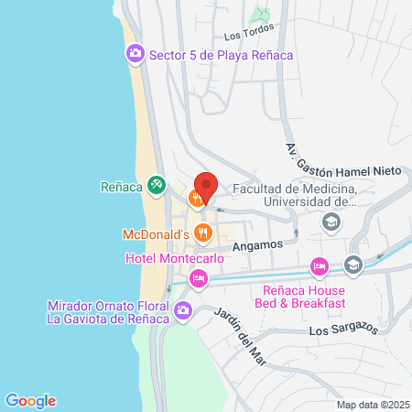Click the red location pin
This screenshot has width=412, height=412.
coord(206,186)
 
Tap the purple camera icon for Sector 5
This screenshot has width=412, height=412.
coord(136,55)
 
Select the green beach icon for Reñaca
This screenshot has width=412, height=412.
coord(156,186)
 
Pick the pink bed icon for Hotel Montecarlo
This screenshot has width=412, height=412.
coord(196,277)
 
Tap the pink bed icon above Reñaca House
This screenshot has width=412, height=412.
coord(319,266)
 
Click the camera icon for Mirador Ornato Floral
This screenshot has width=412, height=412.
coord(183,311)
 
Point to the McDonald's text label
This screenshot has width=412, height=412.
coord(156,235)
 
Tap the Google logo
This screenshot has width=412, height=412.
coord(30,400)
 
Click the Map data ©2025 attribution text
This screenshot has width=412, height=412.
coord(371,404)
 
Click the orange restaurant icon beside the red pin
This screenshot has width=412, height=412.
coord(196,198)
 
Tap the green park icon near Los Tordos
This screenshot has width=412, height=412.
coord(261,16)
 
